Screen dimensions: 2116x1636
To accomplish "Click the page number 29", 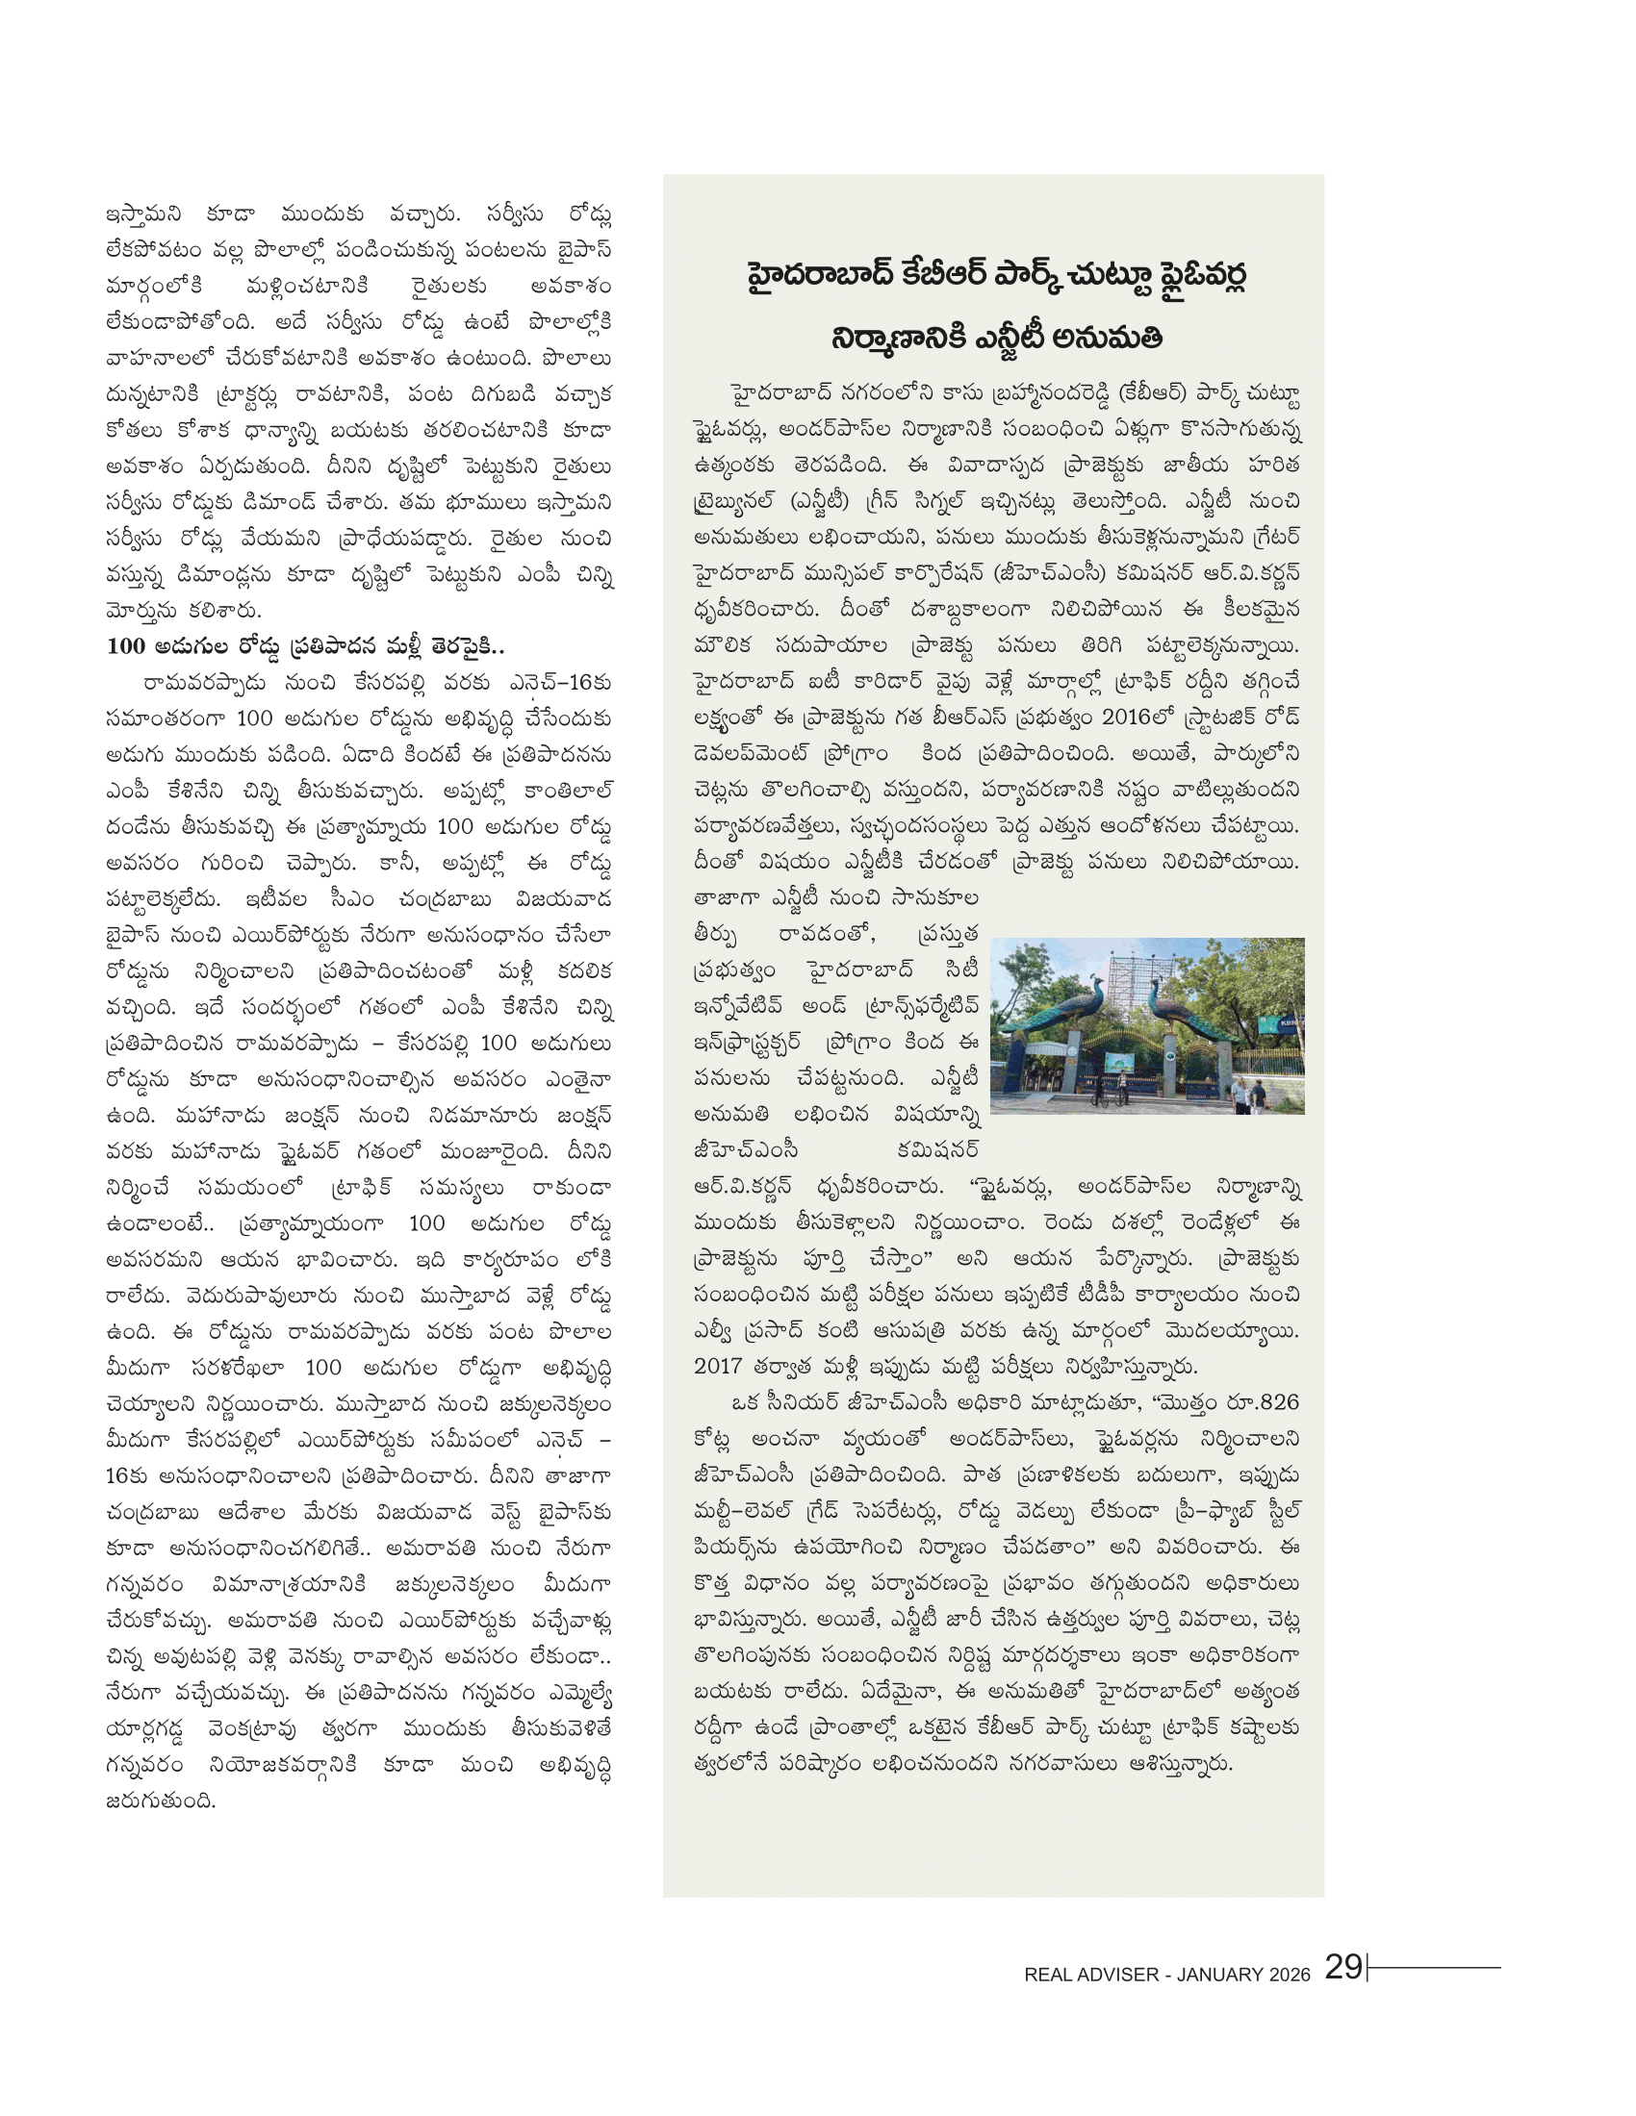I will pyautogui.click(x=1343, y=1967).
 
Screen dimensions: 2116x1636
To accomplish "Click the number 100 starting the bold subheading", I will pyautogui.click(x=126, y=646).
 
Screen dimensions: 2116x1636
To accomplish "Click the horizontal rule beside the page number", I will pyautogui.click(x=1435, y=1967).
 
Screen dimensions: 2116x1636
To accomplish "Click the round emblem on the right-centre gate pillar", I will pyautogui.click(x=1171, y=1057).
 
